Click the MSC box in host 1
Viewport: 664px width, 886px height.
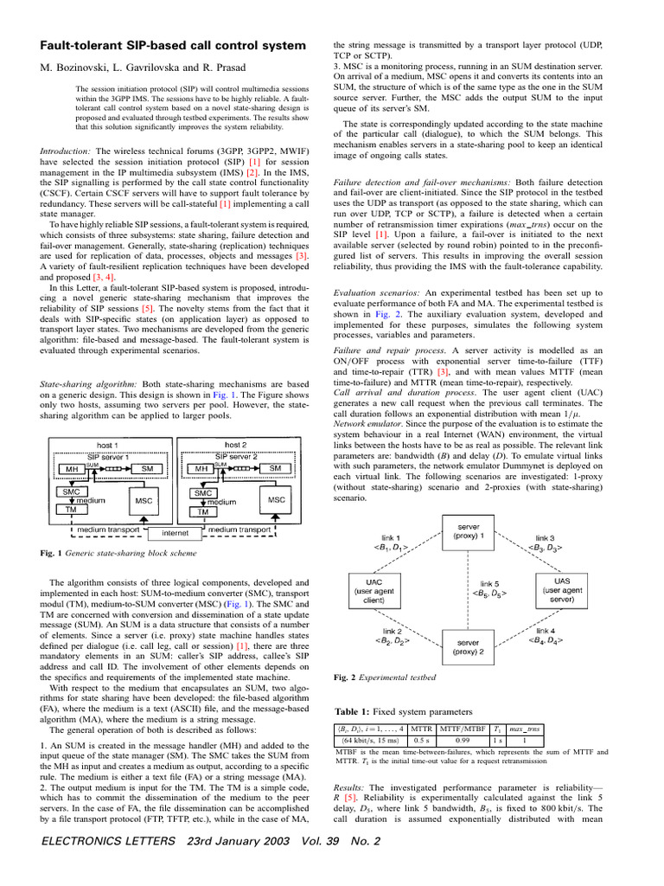pyautogui.click(x=142, y=500)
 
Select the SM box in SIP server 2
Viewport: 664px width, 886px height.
pyautogui.click(x=275, y=468)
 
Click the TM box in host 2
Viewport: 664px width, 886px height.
pyautogui.click(x=202, y=512)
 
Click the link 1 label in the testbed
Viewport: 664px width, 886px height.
pyautogui.click(x=379, y=541)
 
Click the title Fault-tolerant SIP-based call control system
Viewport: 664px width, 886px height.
pyautogui.click(x=174, y=44)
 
